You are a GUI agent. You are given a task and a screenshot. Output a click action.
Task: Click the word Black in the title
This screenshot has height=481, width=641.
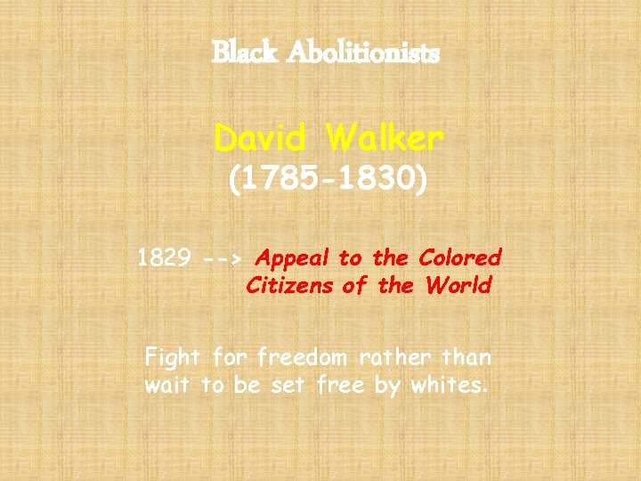[237, 53]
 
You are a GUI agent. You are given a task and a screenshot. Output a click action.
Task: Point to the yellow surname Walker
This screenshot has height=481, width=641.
[384, 138]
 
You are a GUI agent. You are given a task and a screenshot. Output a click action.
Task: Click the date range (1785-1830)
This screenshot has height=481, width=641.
[328, 182]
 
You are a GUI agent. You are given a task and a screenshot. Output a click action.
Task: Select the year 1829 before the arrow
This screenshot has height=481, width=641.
[165, 258]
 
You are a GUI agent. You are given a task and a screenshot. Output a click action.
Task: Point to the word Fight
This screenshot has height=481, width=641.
[173, 358]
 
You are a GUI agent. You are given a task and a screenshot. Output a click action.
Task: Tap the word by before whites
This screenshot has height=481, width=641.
[388, 387]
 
